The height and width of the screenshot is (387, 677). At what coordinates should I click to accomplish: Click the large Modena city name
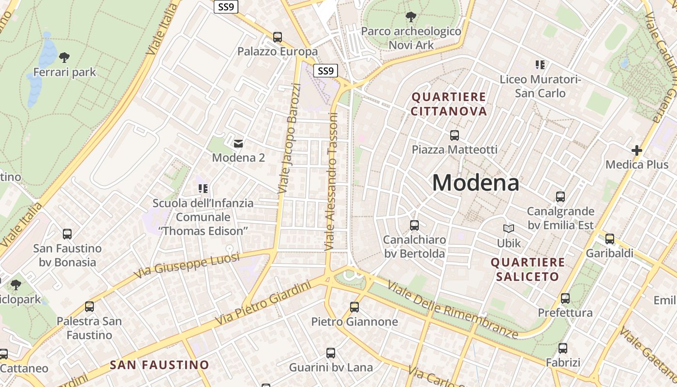(x=475, y=183)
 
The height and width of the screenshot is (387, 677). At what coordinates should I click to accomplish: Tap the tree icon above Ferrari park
(x=64, y=58)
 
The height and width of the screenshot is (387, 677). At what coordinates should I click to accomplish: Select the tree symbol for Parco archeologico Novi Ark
(x=411, y=17)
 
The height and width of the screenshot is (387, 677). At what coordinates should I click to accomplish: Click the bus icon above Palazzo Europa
(x=278, y=37)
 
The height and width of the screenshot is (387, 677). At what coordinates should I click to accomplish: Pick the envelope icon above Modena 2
(x=238, y=143)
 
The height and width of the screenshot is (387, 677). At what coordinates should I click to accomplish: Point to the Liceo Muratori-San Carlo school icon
(x=540, y=64)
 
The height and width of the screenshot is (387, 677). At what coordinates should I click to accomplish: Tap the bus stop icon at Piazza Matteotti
(x=455, y=135)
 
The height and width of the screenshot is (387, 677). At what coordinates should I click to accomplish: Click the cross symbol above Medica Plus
(x=637, y=150)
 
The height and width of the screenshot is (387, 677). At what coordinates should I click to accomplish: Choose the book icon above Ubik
(x=509, y=228)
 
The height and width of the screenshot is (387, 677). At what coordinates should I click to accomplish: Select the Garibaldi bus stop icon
(x=609, y=239)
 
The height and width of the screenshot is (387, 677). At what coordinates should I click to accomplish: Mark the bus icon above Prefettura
(x=565, y=298)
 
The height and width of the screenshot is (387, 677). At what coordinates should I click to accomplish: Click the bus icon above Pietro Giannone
(x=354, y=307)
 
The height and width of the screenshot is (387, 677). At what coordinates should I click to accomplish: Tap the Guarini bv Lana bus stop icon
(x=331, y=353)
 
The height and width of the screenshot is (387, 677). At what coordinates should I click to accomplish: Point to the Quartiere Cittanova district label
(x=449, y=104)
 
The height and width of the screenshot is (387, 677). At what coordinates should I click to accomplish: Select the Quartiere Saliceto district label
(x=528, y=269)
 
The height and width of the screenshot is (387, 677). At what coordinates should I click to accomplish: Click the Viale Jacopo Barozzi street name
(x=290, y=139)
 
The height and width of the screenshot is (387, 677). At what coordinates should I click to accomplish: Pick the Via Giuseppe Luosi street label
(x=187, y=266)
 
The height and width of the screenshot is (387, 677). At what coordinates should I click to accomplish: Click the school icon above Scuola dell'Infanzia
(x=203, y=188)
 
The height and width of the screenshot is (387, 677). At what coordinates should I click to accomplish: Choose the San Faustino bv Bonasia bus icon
(x=67, y=234)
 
